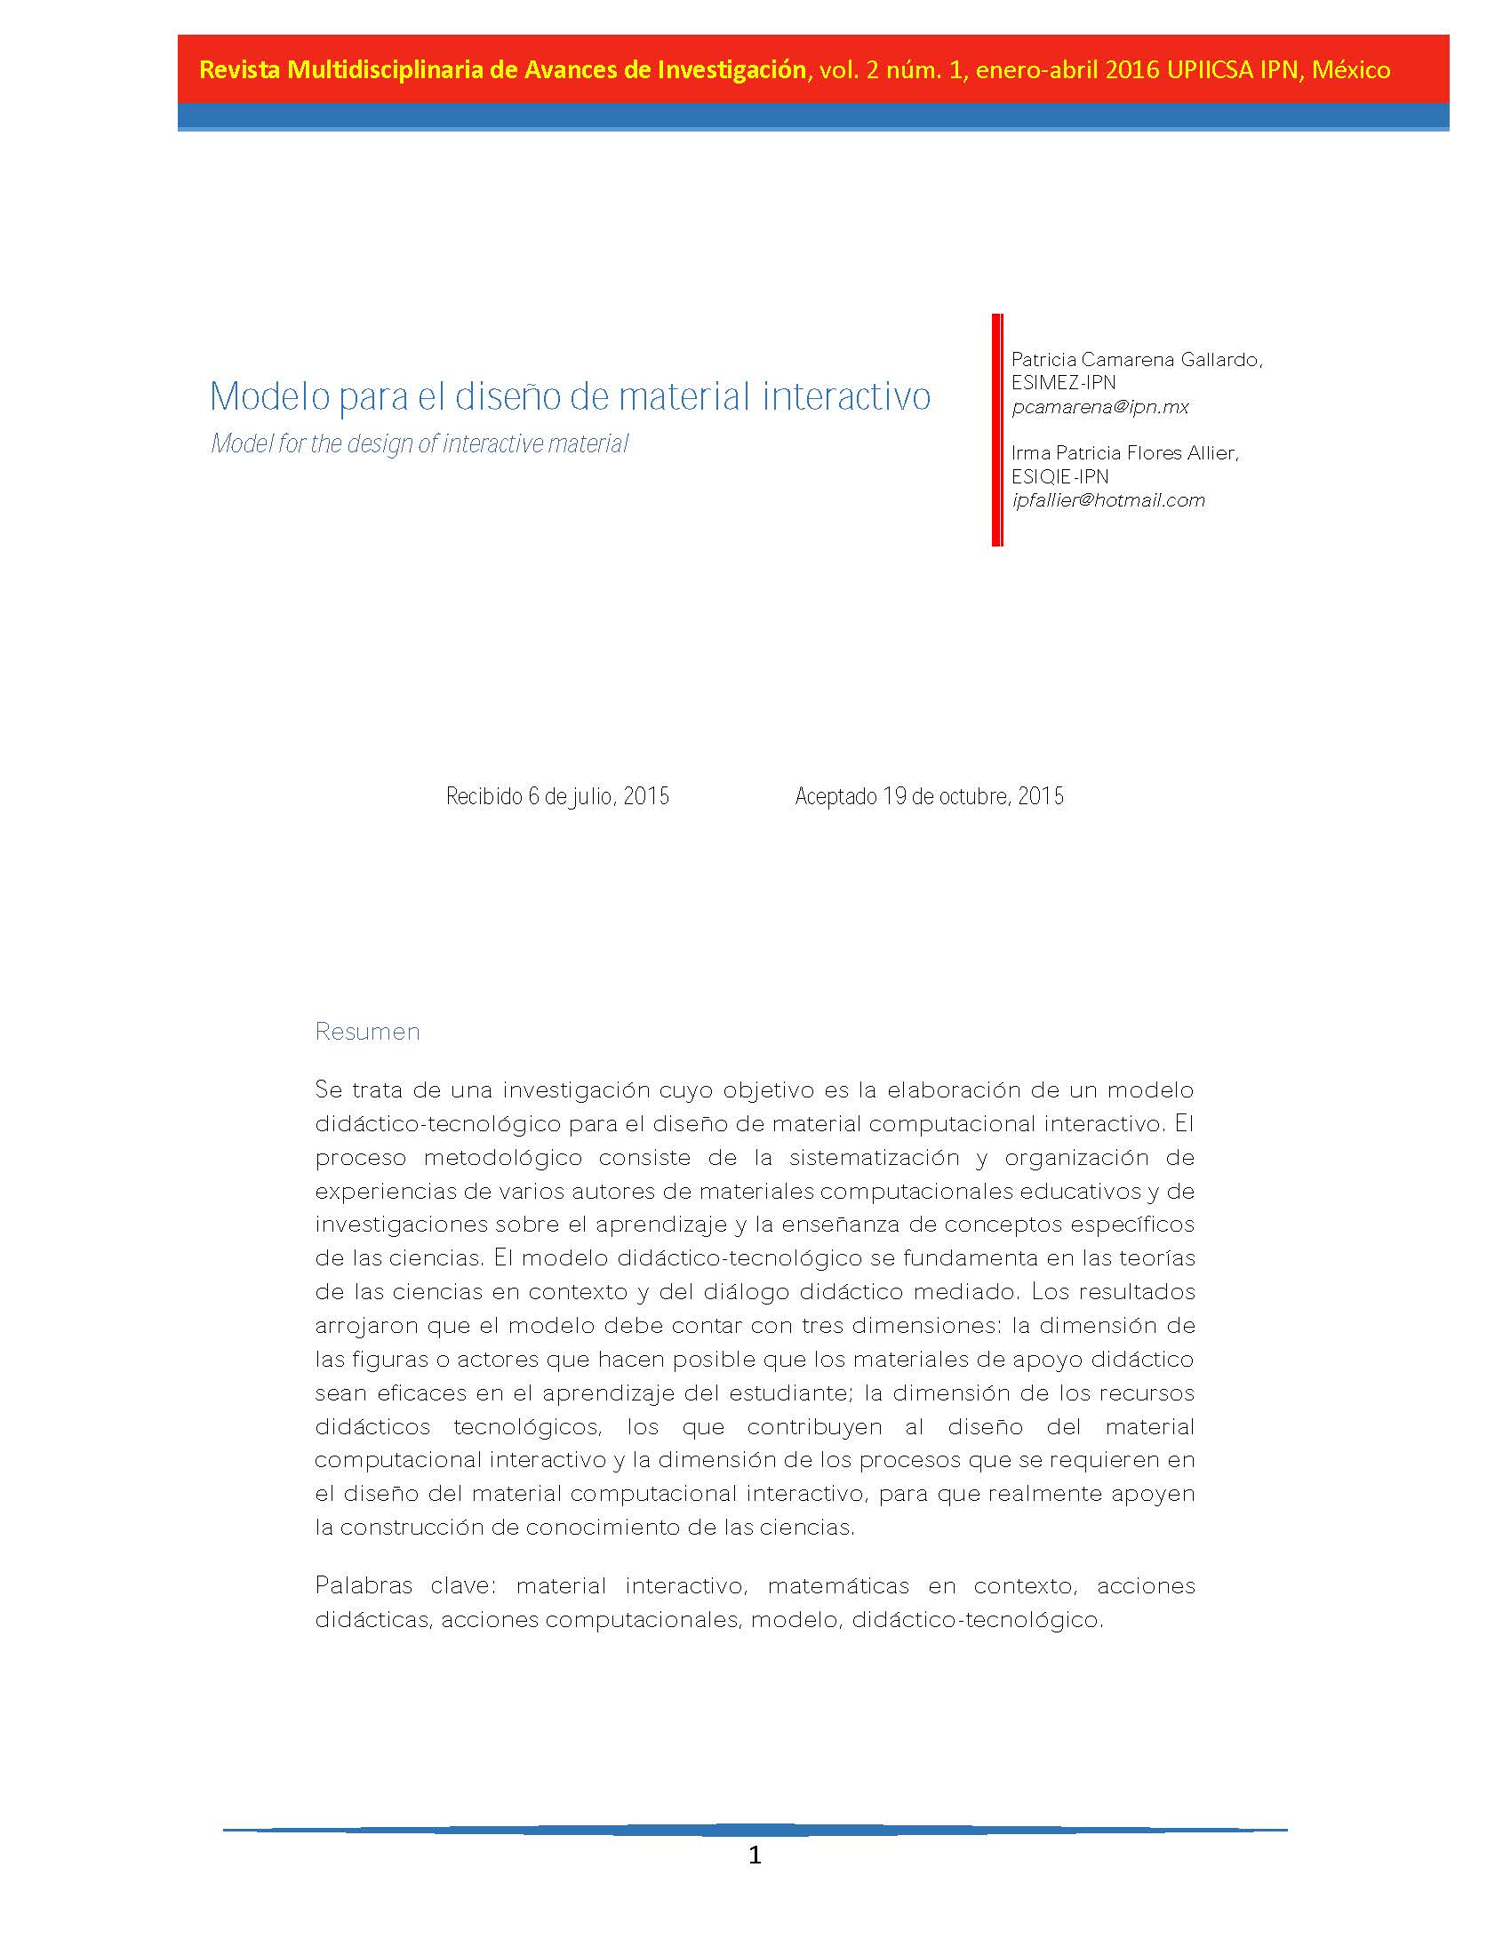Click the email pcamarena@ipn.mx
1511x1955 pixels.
tap(1100, 407)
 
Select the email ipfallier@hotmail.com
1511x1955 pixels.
tap(1108, 500)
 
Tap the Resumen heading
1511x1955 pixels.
tap(367, 1031)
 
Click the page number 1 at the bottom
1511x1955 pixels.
tap(755, 1855)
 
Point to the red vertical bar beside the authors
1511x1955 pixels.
tap(997, 430)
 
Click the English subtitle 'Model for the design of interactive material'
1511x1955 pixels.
tap(420, 444)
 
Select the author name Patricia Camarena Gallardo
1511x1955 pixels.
tap(1136, 360)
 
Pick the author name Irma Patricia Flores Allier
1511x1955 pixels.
tap(1124, 453)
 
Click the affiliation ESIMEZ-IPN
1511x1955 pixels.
tap(1063, 383)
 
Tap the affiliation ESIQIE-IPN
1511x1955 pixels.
tap(1059, 476)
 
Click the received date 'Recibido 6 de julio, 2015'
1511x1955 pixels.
tap(557, 796)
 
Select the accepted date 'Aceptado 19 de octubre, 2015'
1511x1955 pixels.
tap(929, 796)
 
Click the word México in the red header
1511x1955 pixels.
tap(1351, 70)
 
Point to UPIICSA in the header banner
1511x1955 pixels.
tap(1210, 70)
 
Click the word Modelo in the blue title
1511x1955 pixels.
tap(269, 396)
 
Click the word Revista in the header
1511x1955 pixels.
tap(239, 70)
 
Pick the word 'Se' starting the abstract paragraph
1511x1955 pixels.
tap(329, 1090)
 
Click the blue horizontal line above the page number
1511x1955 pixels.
tap(755, 1830)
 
